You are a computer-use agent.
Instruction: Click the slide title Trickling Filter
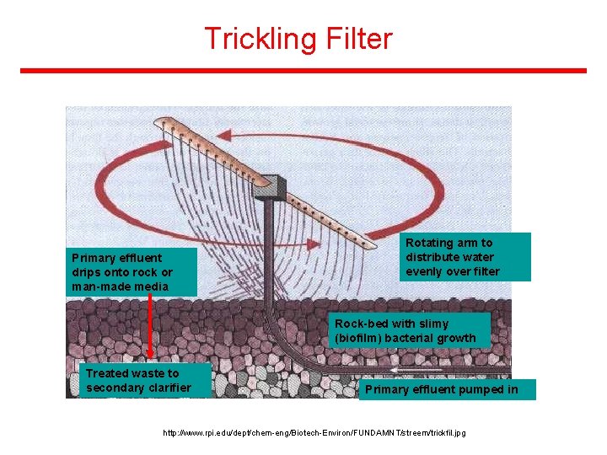(298, 39)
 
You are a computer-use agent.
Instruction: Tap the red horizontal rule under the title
(303, 71)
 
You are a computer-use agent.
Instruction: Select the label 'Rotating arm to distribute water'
(465, 257)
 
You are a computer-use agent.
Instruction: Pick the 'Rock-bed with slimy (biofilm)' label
(410, 330)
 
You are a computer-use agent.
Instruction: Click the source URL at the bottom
(314, 432)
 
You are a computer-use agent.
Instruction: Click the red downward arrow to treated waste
(149, 329)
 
